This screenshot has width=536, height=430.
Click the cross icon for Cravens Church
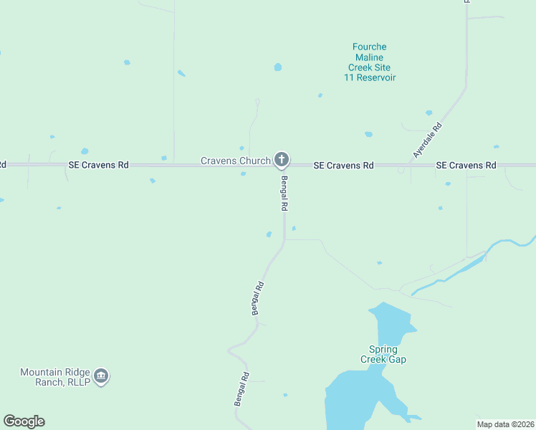[x=282, y=160]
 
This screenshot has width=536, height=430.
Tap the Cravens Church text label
[x=235, y=161]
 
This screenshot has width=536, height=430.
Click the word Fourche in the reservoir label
[x=369, y=47]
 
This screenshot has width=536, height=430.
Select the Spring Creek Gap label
[x=383, y=355]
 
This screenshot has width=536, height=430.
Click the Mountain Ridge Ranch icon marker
[x=101, y=376]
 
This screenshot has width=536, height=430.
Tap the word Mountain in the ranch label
[x=41, y=372]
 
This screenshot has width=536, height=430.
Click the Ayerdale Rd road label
[x=429, y=140]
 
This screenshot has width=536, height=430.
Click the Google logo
[x=24, y=421]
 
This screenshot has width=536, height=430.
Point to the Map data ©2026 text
[x=504, y=424]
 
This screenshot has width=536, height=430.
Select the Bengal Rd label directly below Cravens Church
[x=284, y=193]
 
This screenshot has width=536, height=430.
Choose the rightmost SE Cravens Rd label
[x=466, y=166]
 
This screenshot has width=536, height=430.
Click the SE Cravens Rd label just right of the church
[x=343, y=166]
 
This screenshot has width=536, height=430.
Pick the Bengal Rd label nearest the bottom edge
[x=241, y=390]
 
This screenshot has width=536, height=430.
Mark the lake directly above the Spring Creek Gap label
[x=391, y=322]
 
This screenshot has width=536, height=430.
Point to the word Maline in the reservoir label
[x=369, y=57]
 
